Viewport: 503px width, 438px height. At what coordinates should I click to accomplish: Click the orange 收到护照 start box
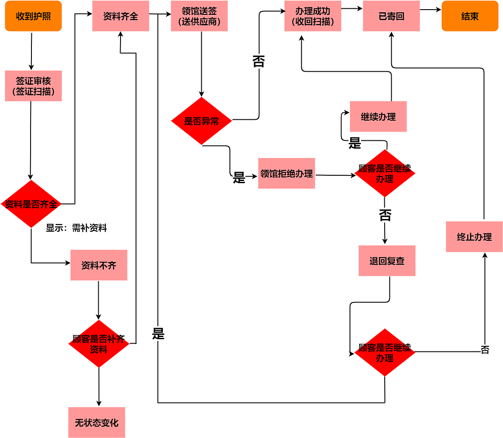33,16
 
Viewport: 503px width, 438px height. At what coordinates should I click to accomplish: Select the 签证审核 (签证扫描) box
33,86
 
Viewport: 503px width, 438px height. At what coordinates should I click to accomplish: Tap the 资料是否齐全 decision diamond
31,204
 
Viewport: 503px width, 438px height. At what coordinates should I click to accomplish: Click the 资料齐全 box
121,16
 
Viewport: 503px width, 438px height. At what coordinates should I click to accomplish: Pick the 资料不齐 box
99,265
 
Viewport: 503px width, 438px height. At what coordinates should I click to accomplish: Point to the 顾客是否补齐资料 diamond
99,344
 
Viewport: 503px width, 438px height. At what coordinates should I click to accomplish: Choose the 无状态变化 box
96,422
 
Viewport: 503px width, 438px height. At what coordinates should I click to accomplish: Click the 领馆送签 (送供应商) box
199,16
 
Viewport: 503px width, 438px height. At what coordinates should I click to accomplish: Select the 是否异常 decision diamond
201,121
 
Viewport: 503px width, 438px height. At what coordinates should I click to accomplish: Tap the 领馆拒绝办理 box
286,174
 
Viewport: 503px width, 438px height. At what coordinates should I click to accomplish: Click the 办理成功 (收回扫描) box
313,16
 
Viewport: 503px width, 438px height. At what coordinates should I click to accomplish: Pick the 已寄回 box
391,16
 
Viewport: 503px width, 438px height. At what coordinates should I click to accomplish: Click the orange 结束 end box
470,16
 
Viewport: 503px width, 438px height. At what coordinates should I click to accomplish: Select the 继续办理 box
378,117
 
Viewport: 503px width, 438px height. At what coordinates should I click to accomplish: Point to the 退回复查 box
387,261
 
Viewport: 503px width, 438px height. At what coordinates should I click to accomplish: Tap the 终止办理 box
474,236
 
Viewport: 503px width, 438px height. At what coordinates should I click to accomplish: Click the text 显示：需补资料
76,228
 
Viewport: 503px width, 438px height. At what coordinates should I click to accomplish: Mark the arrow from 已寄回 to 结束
431,9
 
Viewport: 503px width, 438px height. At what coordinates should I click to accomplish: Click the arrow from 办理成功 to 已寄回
352,8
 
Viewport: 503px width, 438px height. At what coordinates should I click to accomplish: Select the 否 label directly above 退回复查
385,215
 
